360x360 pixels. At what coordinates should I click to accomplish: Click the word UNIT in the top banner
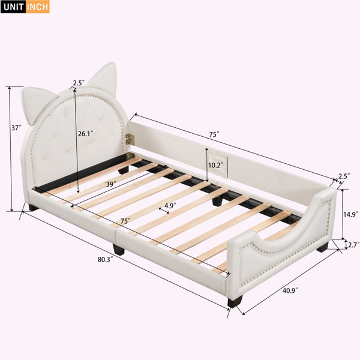click(14, 7)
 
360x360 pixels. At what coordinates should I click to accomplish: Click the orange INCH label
click(37, 7)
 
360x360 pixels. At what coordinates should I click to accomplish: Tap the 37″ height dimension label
click(17, 128)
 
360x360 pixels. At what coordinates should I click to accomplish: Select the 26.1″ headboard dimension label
click(85, 134)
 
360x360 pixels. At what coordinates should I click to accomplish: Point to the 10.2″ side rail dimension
click(216, 165)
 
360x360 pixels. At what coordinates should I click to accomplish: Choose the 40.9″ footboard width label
click(290, 290)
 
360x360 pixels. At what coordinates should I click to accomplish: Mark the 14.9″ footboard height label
click(351, 214)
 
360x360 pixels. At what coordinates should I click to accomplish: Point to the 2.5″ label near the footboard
click(344, 176)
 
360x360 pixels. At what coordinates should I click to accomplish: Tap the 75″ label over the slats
click(125, 221)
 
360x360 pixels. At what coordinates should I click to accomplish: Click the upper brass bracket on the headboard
click(130, 139)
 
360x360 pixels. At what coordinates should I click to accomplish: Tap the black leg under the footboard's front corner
click(235, 302)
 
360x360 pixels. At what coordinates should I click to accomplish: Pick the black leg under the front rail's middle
click(118, 250)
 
